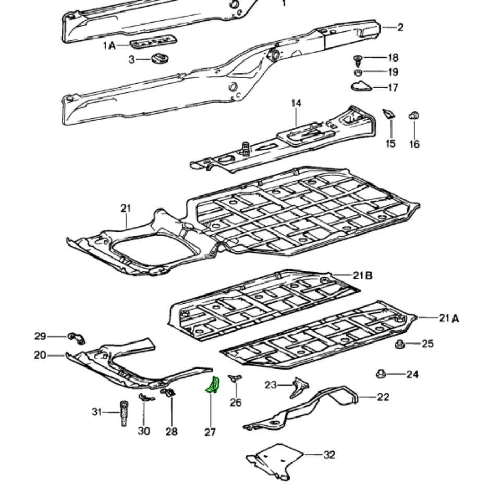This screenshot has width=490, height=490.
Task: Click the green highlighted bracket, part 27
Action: click(x=213, y=384)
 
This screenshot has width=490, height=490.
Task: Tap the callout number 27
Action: click(x=210, y=432)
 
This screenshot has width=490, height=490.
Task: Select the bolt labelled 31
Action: click(x=124, y=413)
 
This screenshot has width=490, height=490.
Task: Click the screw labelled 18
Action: click(x=358, y=61)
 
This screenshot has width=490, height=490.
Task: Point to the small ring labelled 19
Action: click(x=358, y=73)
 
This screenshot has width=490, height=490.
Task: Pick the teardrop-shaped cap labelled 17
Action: click(x=362, y=86)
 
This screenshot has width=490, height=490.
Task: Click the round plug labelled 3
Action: click(x=160, y=58)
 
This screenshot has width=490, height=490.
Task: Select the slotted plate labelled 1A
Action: click(x=153, y=42)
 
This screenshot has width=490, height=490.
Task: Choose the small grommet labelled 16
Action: click(x=414, y=116)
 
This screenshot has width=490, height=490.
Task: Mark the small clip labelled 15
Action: click(x=389, y=114)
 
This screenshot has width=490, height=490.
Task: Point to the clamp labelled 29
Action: click(x=77, y=338)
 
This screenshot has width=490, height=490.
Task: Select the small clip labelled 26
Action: click(x=235, y=378)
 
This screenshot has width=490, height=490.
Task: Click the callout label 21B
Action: click(x=362, y=276)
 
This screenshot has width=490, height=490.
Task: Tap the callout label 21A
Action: click(x=449, y=318)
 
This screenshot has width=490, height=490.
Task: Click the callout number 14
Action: click(x=296, y=103)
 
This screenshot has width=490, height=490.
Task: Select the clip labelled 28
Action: click(x=168, y=392)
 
